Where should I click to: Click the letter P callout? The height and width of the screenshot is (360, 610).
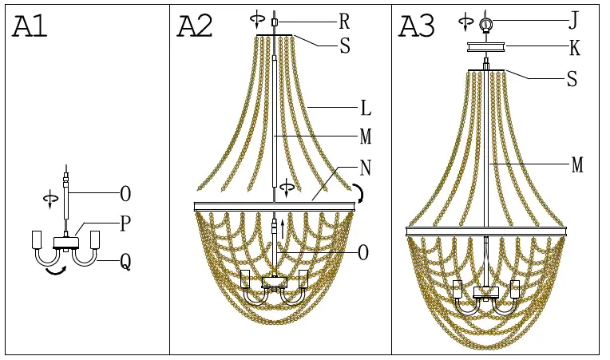tap(125, 224)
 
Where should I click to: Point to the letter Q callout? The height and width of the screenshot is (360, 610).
tap(125, 261)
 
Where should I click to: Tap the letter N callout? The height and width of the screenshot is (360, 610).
tap(365, 169)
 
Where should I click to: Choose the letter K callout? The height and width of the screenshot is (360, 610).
tap(574, 49)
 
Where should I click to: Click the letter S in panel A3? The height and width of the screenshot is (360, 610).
tap(571, 79)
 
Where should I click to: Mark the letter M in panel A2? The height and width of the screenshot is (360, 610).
tap(366, 137)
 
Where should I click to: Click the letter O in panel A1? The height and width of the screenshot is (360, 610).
tap(125, 193)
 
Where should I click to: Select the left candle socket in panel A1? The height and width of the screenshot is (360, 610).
tap(36, 239)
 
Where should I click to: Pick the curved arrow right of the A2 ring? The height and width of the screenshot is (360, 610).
tap(360, 193)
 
